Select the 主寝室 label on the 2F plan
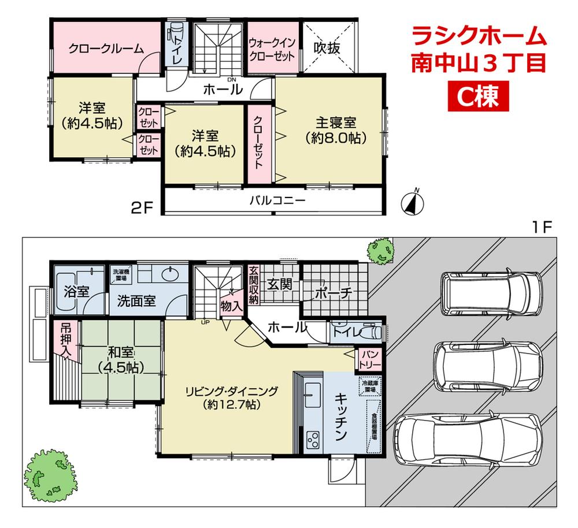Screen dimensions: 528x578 [335, 130]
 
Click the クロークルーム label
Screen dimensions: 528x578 [105, 49]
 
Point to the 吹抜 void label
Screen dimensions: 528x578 [327, 49]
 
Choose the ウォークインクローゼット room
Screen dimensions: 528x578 [272, 49]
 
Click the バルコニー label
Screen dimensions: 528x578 [277, 201]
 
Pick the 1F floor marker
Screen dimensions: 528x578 [543, 226]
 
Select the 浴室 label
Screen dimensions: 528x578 [76, 290]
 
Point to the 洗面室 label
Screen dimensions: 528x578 [136, 301]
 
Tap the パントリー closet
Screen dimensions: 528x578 [370, 359]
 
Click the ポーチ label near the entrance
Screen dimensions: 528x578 [334, 293]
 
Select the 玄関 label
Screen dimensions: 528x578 [280, 284]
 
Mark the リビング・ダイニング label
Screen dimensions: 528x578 [231, 398]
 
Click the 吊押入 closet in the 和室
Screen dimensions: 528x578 [65, 339]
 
